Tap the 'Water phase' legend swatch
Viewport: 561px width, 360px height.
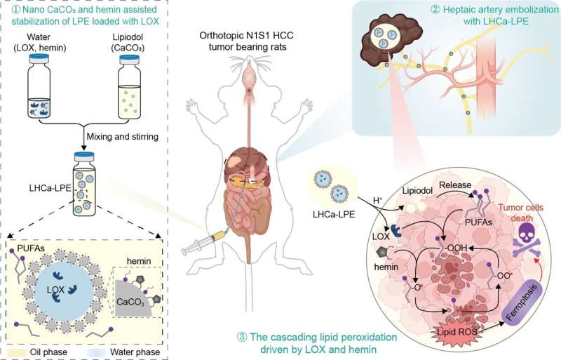tap(100, 350)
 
